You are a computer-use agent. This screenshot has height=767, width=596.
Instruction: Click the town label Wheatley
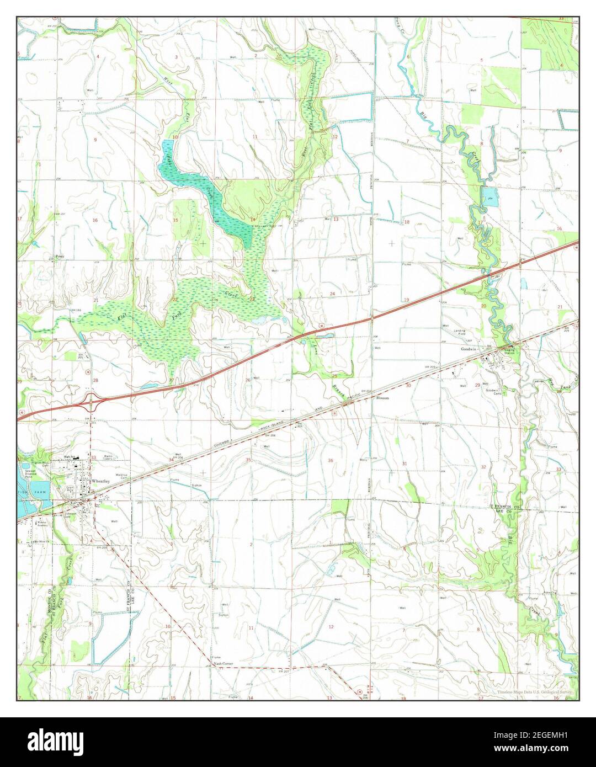pos(102,481)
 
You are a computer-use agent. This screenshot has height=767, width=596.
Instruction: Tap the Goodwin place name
pos(469,349)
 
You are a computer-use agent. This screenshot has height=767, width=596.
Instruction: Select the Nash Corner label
pos(223,663)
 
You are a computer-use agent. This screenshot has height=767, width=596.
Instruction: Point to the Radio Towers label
pos(109,457)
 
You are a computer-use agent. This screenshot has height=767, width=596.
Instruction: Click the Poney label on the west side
pos(60,257)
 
